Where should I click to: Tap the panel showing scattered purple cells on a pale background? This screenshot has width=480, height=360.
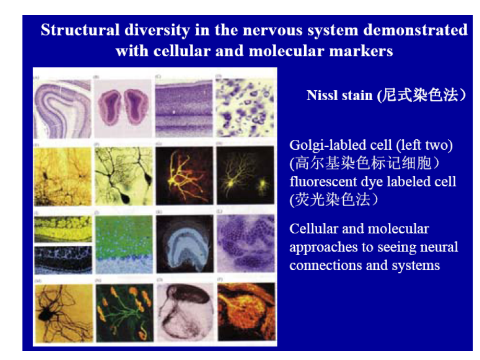245,108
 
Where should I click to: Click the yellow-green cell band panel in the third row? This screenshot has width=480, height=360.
63,228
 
